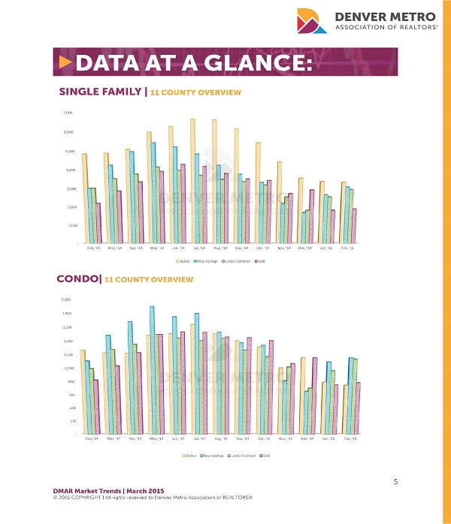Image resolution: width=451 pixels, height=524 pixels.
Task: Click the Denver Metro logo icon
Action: (311, 22)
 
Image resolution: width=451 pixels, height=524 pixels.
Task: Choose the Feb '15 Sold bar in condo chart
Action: (359, 408)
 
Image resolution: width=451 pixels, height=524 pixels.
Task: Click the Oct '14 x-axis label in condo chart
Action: (264, 438)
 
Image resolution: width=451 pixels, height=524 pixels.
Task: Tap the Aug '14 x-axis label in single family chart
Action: (219, 248)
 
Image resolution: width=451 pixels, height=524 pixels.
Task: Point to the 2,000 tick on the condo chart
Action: (68, 300)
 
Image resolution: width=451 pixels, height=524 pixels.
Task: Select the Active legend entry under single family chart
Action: (182, 260)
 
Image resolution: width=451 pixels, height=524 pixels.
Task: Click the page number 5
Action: (395, 482)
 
